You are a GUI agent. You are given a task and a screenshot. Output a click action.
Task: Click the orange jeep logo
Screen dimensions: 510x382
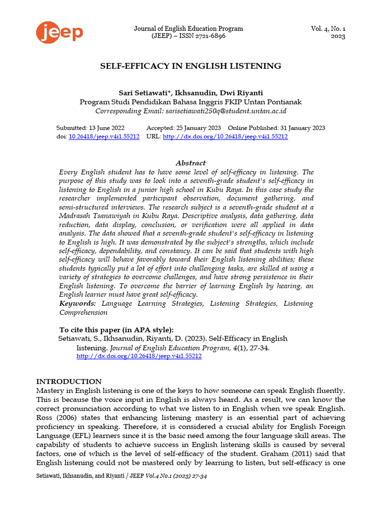(x=59, y=32)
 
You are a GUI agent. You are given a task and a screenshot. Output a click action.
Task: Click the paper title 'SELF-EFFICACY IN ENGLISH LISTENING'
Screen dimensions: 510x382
(x=191, y=66)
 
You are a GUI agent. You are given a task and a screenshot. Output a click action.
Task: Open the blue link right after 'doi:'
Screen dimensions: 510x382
(x=104, y=136)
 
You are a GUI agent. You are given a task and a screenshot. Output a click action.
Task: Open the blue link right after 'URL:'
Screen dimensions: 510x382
(x=225, y=136)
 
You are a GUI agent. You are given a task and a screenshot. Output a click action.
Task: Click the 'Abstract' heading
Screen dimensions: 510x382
(x=191, y=163)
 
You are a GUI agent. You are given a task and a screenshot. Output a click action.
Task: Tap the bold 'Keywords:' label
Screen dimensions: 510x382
(x=78, y=303)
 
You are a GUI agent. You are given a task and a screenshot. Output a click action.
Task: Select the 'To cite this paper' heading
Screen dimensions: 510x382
(x=116, y=330)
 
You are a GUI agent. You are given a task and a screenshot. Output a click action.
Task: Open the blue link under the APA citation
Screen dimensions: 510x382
(x=139, y=357)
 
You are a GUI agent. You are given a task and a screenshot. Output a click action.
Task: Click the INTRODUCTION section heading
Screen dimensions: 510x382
(x=69, y=382)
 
